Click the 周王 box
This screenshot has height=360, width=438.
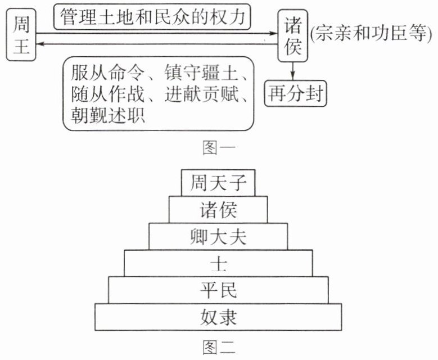tap(19, 37)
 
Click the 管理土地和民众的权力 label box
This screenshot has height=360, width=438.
tap(152, 17)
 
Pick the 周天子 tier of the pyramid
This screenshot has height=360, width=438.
tap(218, 183)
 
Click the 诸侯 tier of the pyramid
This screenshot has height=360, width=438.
tap(218, 209)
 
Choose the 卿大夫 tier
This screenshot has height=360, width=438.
tap(218, 236)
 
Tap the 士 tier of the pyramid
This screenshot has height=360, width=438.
tap(218, 263)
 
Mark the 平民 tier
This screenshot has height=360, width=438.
tap(218, 290)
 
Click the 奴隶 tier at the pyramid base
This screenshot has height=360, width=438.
tap(218, 317)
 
